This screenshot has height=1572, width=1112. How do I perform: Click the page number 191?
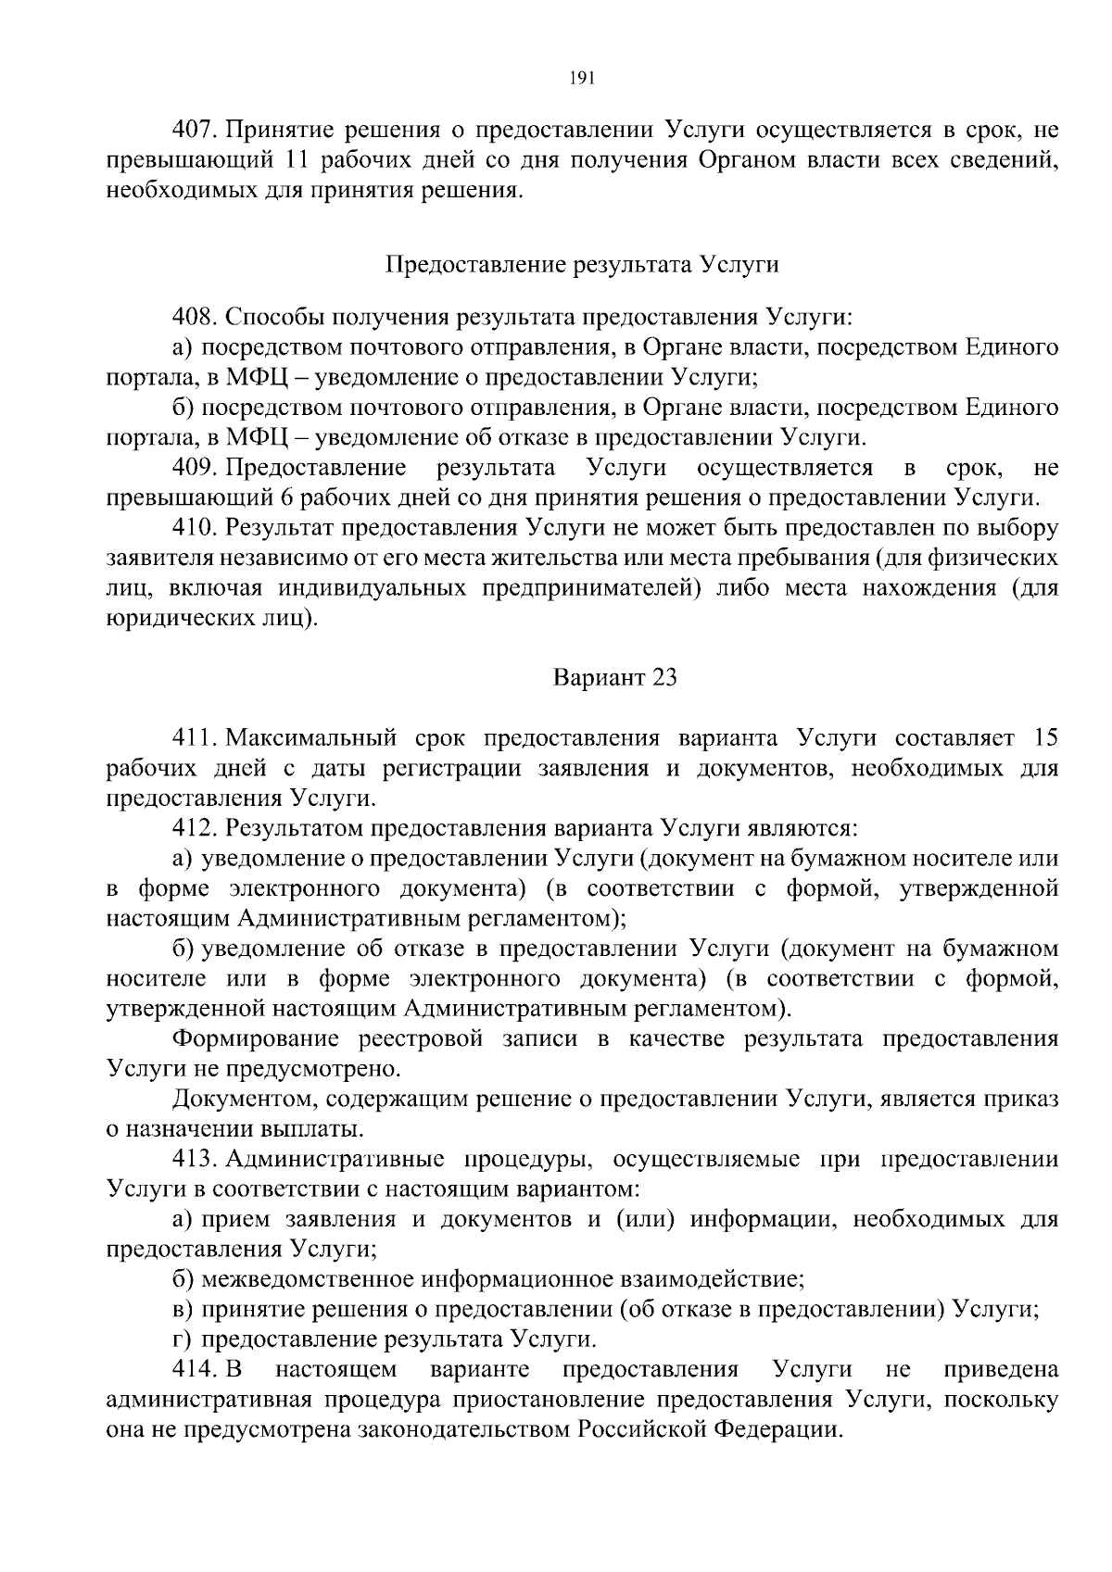pyautogui.click(x=581, y=78)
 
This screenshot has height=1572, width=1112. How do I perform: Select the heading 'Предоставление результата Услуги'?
pyautogui.click(x=581, y=265)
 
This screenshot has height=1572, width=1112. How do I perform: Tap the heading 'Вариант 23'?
pyautogui.click(x=615, y=677)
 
